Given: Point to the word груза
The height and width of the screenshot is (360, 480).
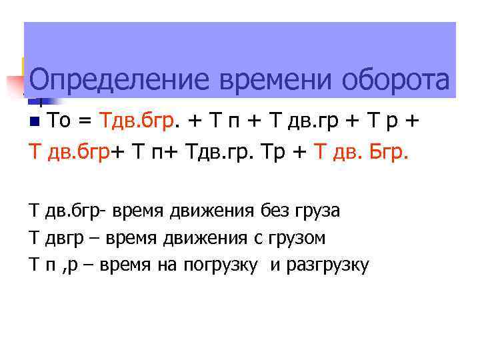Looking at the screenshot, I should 317,212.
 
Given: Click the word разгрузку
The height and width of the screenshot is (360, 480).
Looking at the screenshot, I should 326,265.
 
